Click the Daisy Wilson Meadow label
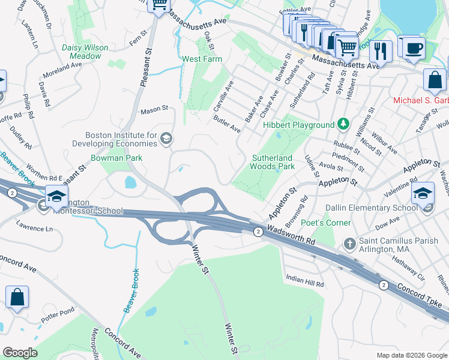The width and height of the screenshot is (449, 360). pyautogui.click(x=85, y=52)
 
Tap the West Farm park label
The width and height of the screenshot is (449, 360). pyautogui.click(x=202, y=59)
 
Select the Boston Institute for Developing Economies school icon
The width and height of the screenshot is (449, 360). pyautogui.click(x=166, y=140)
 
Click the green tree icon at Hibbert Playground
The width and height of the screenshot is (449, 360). pyautogui.click(x=343, y=124)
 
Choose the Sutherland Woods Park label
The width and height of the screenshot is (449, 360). pyautogui.click(x=273, y=161)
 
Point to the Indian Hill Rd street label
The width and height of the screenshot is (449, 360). pyautogui.click(x=304, y=280)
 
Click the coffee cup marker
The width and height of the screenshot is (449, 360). pyautogui.click(x=414, y=48)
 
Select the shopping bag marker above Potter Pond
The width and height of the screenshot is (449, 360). pyautogui.click(x=17, y=298)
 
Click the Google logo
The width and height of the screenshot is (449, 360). pyautogui.click(x=20, y=353)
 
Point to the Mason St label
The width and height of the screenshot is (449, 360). pyautogui.click(x=154, y=110)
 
